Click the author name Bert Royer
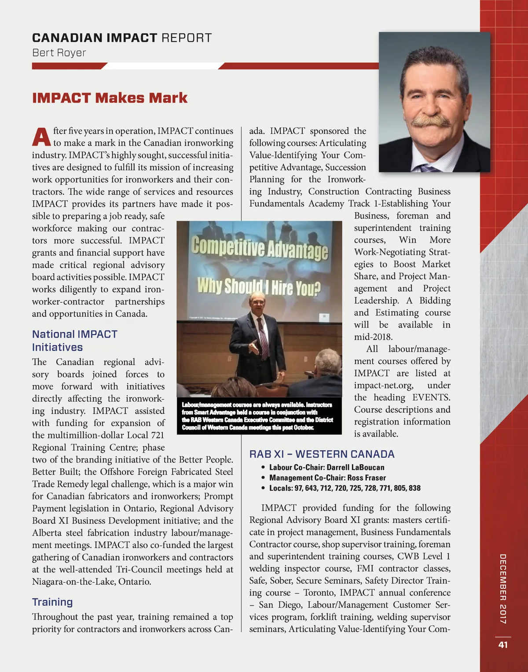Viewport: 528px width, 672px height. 59,53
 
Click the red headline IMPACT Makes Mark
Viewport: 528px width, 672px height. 110,98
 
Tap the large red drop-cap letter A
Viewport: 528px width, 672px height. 41,137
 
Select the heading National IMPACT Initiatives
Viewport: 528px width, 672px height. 74,341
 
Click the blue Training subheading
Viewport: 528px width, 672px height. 52,602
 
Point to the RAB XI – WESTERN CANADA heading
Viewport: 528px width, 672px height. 322,454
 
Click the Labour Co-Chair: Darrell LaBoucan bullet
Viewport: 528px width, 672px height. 326,467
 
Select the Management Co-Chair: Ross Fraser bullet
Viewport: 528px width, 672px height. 327,477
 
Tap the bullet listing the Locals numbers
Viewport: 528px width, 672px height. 345,488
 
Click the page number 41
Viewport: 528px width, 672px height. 503,645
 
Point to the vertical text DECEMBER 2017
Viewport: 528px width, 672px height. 503,588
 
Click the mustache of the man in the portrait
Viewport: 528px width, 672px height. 431,121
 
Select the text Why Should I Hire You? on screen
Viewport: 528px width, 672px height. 259,286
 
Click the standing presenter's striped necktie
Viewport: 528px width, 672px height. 263,337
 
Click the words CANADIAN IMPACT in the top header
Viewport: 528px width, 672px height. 95,38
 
